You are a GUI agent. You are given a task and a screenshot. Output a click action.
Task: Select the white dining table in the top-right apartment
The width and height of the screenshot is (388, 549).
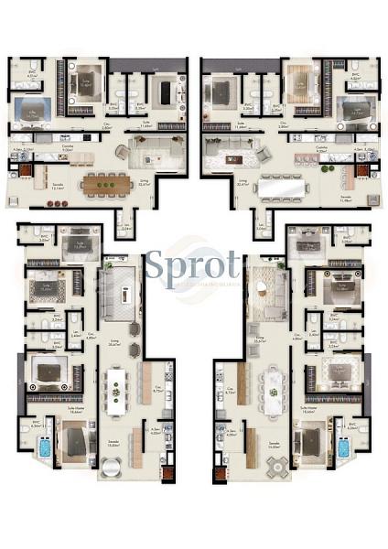point(281,186)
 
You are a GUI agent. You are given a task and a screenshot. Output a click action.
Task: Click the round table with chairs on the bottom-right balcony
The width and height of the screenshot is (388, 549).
point(277,466)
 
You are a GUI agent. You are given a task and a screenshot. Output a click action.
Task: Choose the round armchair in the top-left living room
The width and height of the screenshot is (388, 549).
point(122,152)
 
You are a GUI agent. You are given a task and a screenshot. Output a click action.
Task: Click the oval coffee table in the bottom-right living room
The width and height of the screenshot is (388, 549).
point(262,288)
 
